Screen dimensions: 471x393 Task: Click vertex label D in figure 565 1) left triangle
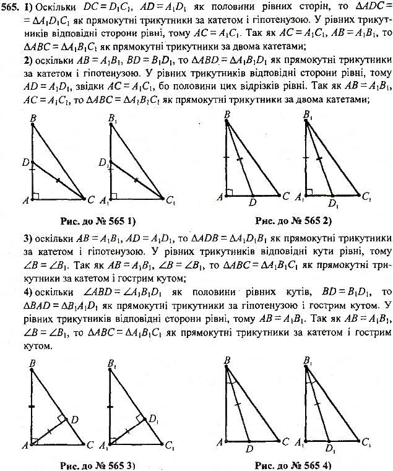point(25,162)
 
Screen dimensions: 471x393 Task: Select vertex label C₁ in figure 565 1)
point(171,199)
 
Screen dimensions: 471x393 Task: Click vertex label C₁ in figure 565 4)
point(367,442)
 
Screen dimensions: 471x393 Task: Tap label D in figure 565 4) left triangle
point(249,449)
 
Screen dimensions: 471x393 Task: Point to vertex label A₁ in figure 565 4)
point(300,443)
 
